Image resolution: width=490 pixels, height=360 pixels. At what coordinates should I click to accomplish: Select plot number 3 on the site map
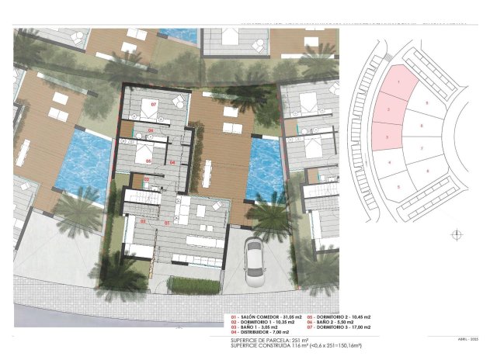click(387, 137)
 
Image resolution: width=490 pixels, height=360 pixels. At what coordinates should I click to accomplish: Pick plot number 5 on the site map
click(398, 187)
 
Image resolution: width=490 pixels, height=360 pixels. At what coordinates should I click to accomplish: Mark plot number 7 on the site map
click(421, 147)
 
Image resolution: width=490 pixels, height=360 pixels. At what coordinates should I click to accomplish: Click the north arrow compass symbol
click(457, 234)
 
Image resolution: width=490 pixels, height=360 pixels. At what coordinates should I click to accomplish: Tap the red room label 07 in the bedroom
click(153, 103)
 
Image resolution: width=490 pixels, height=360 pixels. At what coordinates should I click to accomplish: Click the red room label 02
click(143, 222)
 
